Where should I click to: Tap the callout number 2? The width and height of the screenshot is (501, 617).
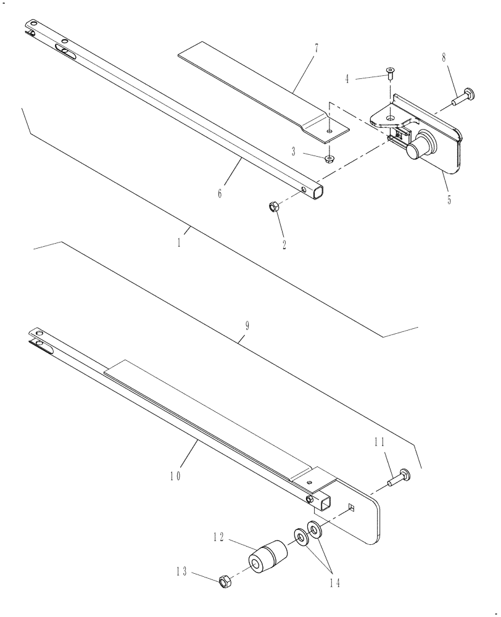(x=284, y=244)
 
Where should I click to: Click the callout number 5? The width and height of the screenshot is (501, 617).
(x=449, y=200)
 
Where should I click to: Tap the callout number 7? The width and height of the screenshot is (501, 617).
(x=316, y=48)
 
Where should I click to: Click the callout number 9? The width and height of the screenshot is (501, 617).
(x=246, y=326)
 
